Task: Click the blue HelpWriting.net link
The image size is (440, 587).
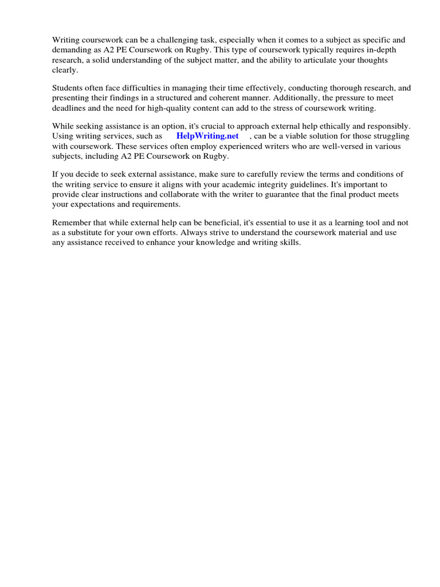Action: point(207,136)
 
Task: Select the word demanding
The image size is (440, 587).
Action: point(72,49)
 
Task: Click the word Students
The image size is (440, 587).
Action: point(68,88)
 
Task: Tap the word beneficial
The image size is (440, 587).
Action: point(219,222)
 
